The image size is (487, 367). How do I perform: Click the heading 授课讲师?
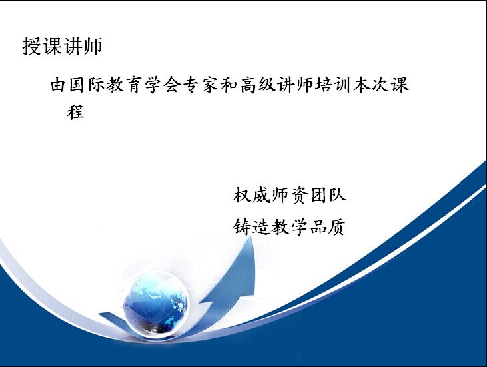coord(62,47)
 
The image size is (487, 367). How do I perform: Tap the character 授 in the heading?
coord(32,47)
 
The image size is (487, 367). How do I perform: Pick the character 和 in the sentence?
coord(229,85)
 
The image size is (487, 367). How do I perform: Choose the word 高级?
coord(257,85)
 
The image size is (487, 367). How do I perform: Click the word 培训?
coord(333,85)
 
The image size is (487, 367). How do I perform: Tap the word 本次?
coord(371,85)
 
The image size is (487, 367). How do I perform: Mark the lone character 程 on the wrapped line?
coord(75,112)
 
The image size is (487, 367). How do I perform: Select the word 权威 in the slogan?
coord(252,195)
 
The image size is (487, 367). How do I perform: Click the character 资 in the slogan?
coord(300,195)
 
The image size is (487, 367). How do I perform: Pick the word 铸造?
coord(252,226)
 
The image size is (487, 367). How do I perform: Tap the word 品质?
coord(328,226)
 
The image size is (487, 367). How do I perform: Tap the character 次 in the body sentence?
coord(380,85)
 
